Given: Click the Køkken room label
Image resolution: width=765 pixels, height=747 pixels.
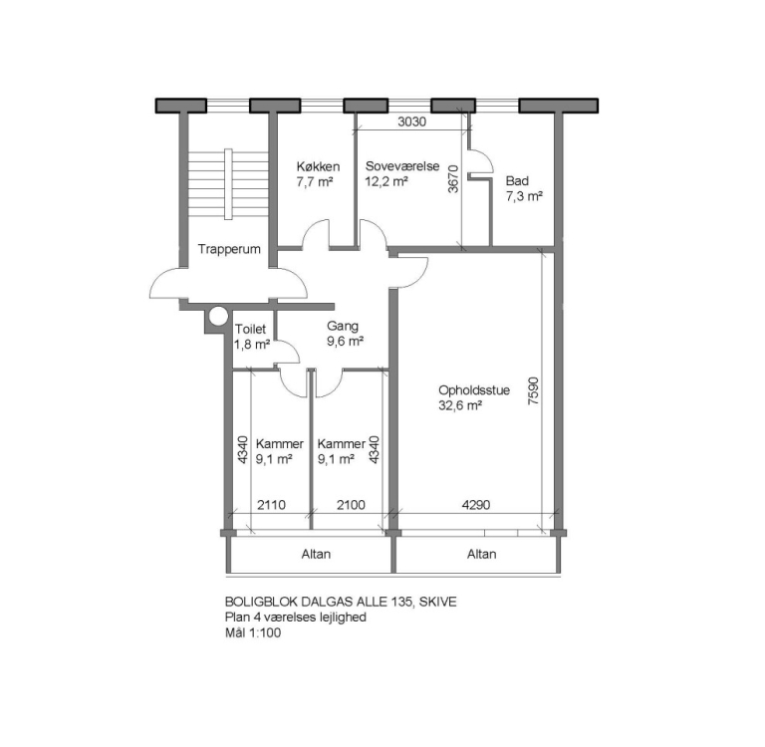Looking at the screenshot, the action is pyautogui.click(x=318, y=166).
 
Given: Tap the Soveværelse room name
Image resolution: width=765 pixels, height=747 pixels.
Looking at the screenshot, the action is pyautogui.click(x=402, y=166).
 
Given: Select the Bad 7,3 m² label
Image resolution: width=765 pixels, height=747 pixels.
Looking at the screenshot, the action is pyautogui.click(x=525, y=188).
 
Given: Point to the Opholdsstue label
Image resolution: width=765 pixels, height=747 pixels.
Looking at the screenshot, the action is pyautogui.click(x=474, y=390).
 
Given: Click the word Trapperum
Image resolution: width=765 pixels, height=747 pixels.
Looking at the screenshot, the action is pyautogui.click(x=229, y=249).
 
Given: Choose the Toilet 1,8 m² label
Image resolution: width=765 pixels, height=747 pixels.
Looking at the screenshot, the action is pyautogui.click(x=252, y=337).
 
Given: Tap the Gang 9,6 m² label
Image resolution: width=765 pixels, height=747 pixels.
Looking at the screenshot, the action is pyautogui.click(x=345, y=334).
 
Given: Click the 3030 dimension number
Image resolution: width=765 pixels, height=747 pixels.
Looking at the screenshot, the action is pyautogui.click(x=411, y=122).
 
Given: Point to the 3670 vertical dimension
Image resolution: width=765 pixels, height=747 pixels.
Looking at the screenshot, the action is pyautogui.click(x=454, y=179).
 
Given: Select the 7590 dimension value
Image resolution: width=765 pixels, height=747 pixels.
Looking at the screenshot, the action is pyautogui.click(x=533, y=390).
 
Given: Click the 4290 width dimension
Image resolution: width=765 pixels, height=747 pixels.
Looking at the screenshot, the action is pyautogui.click(x=476, y=505).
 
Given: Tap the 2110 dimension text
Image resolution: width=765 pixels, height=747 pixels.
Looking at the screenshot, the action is pyautogui.click(x=271, y=505).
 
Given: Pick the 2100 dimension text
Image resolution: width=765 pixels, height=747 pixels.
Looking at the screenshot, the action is pyautogui.click(x=351, y=505).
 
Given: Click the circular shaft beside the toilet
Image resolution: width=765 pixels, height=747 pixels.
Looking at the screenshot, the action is pyautogui.click(x=218, y=317).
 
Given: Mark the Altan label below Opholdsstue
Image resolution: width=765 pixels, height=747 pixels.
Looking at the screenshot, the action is pyautogui.click(x=481, y=554).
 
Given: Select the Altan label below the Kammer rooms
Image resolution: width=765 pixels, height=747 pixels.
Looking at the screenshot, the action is pyautogui.click(x=316, y=554).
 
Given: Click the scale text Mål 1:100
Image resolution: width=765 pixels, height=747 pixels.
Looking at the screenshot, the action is pyautogui.click(x=253, y=633).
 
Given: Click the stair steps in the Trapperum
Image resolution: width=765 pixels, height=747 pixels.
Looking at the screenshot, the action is pyautogui.click(x=228, y=184).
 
